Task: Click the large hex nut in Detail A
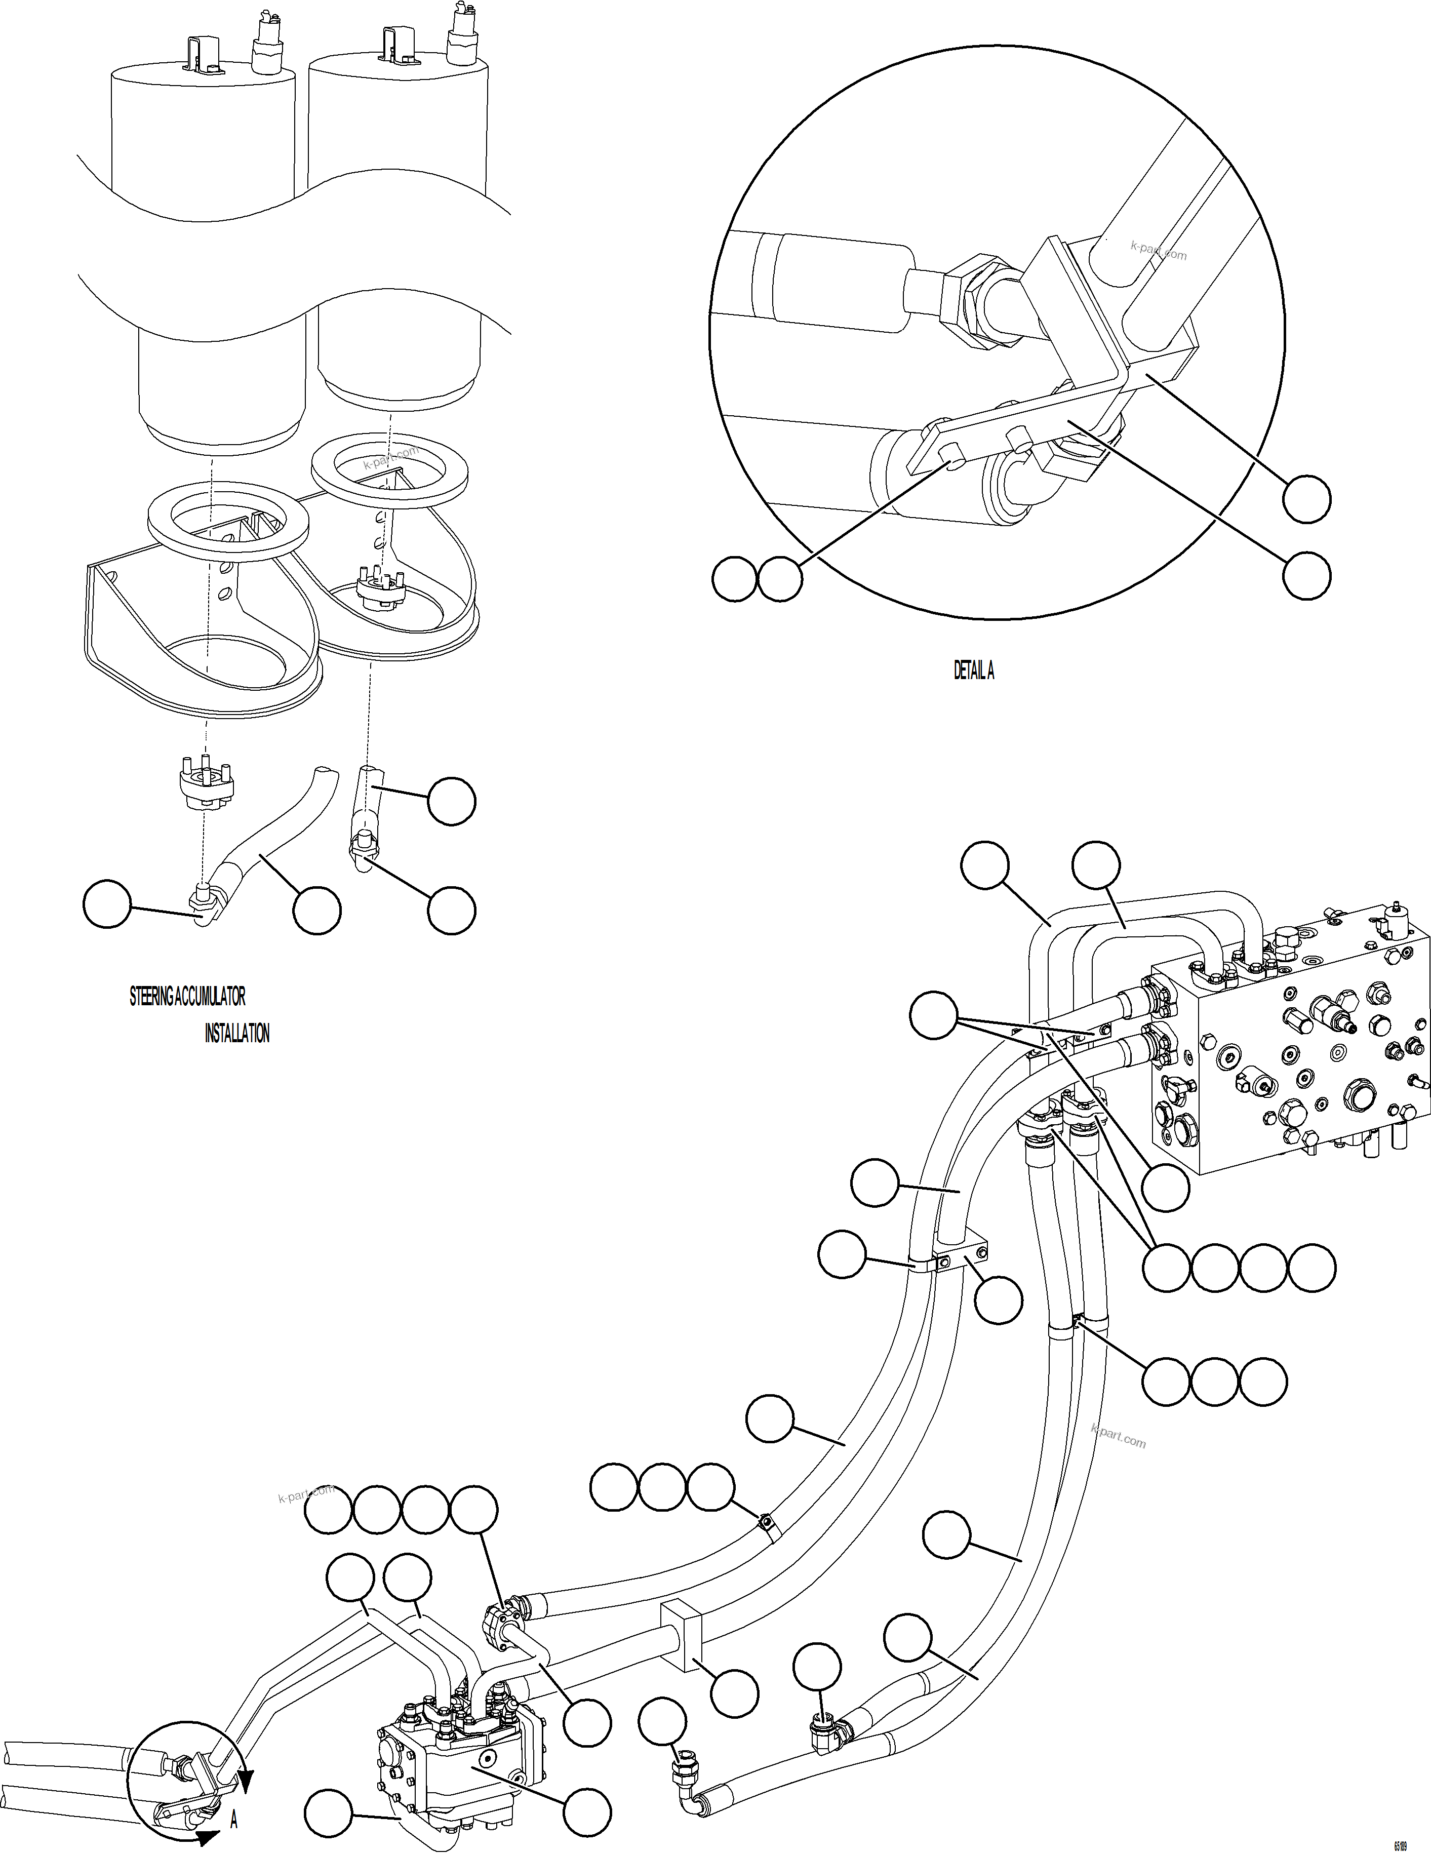(x=977, y=301)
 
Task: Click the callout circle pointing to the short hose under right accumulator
(x=451, y=801)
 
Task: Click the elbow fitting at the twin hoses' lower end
(x=827, y=1737)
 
